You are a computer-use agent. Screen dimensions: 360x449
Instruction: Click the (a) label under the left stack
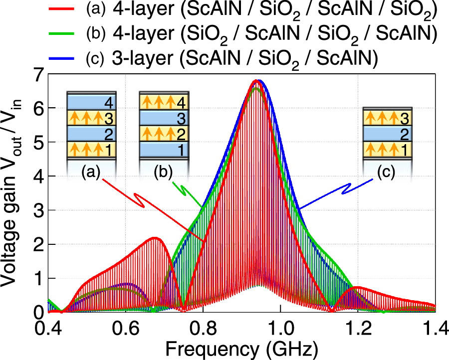click(91, 173)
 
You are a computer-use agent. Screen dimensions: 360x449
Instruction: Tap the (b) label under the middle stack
click(163, 173)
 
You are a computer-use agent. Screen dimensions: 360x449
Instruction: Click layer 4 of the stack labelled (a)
click(91, 102)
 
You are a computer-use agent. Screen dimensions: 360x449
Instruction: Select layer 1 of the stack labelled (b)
click(163, 149)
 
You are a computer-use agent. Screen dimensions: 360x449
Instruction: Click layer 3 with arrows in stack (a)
click(91, 118)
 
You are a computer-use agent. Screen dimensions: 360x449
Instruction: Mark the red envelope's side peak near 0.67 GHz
click(155, 238)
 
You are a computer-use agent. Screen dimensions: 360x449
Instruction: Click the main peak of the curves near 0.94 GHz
click(256, 81)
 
